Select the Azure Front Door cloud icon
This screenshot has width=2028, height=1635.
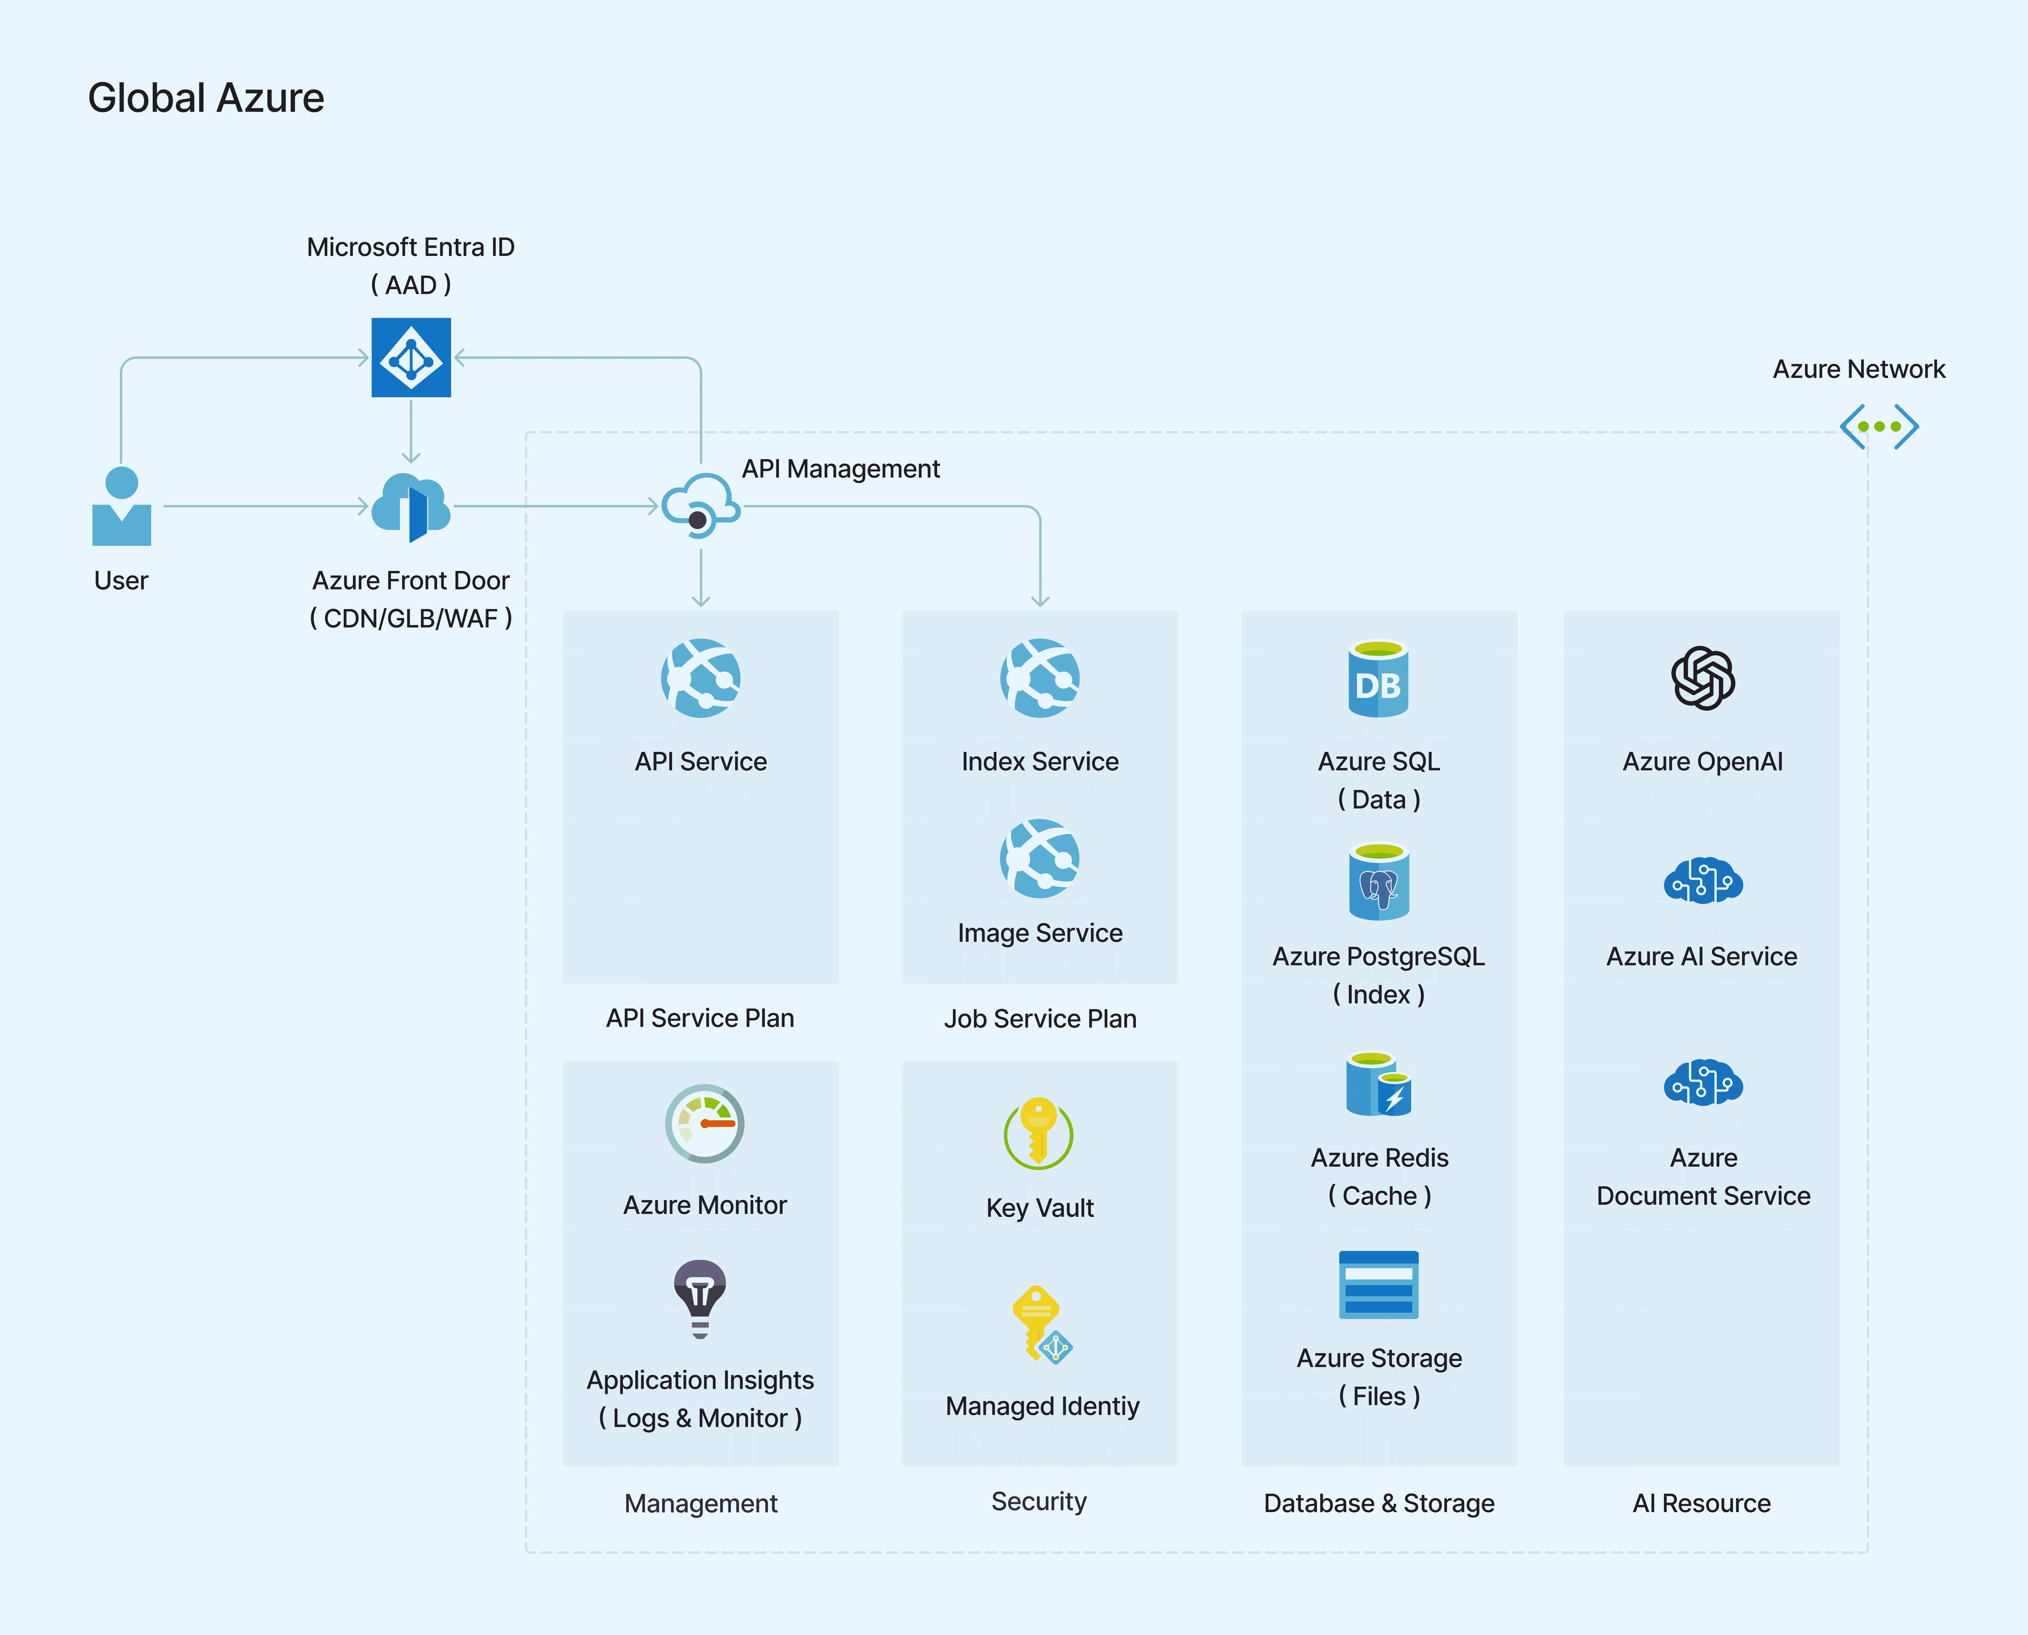pos(411,507)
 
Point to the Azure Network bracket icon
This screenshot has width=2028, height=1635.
pos(1879,427)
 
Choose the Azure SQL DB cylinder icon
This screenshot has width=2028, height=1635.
pos(1378,678)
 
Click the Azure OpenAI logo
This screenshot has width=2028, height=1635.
pos(1703,678)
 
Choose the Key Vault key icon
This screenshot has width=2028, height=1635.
pos(1038,1133)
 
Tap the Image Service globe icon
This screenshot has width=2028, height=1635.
pos(1040,858)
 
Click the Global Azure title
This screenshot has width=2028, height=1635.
pos(206,98)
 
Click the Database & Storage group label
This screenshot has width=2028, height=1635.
pos(1379,1503)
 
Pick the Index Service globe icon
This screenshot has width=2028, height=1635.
pos(1040,678)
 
